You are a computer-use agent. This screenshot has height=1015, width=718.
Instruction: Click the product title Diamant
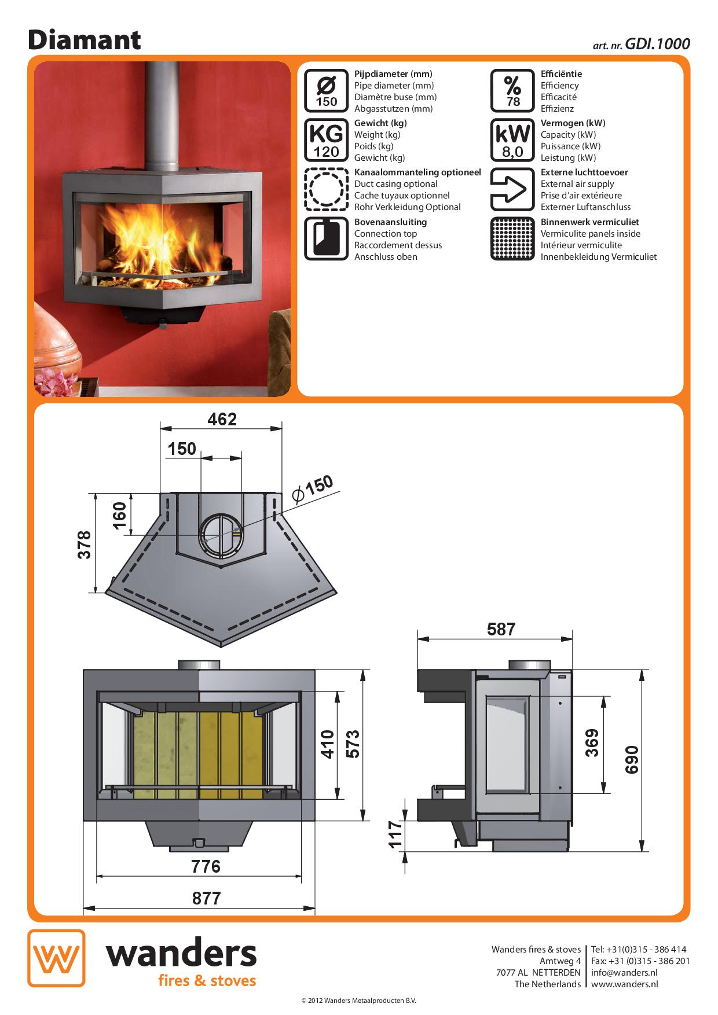[85, 40]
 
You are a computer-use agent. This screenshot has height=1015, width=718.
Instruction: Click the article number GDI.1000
[657, 44]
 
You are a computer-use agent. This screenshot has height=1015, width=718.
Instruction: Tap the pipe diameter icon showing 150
[326, 91]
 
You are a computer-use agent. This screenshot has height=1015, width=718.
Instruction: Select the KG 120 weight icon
[326, 140]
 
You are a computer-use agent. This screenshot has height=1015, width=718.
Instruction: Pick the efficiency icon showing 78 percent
[512, 91]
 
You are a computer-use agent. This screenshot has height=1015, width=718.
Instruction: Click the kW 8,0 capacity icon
[512, 140]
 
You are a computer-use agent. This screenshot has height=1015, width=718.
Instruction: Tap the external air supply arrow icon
[512, 189]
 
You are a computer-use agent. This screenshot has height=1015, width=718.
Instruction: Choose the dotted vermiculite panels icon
[512, 238]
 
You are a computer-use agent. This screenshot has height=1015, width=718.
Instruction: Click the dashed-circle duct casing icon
[326, 189]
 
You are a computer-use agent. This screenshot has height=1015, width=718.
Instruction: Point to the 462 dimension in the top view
[222, 419]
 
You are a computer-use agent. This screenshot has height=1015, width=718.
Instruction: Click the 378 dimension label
[85, 544]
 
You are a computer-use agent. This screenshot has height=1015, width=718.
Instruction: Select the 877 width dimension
[206, 898]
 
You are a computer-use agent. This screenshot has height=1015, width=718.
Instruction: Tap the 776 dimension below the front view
[206, 866]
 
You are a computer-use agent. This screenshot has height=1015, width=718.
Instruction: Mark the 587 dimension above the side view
[501, 629]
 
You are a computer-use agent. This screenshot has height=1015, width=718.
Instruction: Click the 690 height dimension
[632, 759]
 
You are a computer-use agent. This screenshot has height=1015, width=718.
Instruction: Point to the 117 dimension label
[395, 834]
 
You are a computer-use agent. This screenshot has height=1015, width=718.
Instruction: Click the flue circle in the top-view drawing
[221, 535]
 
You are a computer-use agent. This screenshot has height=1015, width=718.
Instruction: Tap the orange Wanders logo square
[56, 958]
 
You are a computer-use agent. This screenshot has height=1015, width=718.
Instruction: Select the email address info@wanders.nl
[624, 972]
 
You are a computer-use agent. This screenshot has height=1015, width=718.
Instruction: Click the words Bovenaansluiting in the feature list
[390, 222]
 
